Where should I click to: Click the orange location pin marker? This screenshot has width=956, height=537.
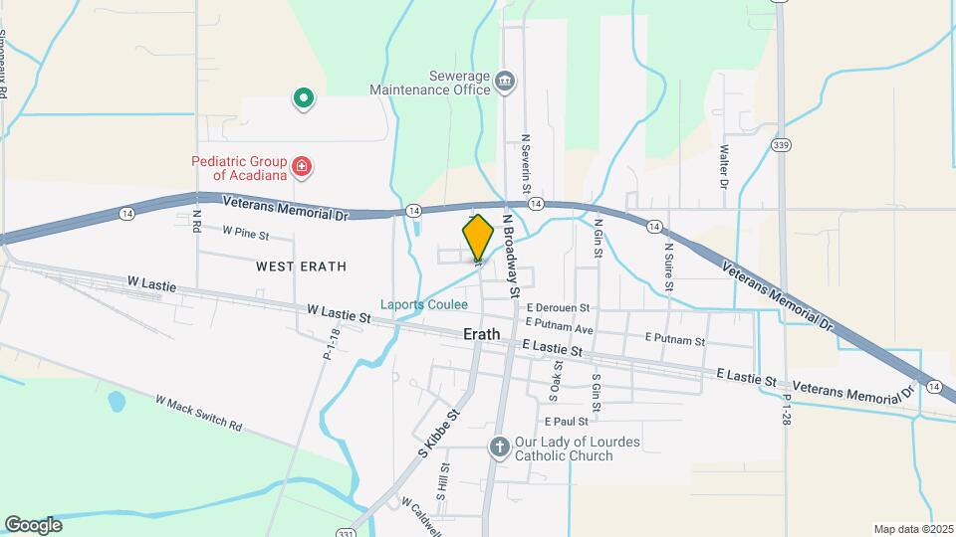click(478, 238)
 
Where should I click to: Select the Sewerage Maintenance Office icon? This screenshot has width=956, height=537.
click(505, 81)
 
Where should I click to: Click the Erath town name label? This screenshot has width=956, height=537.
click(488, 335)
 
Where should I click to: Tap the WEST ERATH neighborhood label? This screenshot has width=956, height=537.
click(301, 267)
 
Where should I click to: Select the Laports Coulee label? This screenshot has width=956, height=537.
click(423, 304)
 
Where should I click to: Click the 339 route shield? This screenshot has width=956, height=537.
click(782, 146)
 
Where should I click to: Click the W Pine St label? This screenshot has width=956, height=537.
click(247, 232)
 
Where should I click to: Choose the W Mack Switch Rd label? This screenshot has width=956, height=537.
click(199, 413)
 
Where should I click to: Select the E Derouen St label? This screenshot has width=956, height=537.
click(559, 308)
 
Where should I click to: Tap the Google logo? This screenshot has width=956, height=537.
click(33, 525)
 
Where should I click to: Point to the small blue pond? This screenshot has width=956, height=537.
click(117, 403)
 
